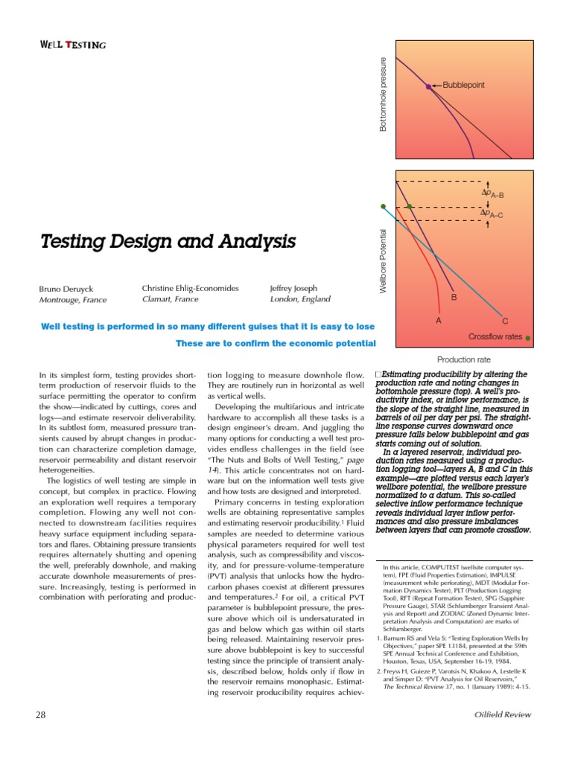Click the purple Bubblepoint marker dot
tap(428, 86)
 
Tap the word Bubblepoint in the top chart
tap(463, 86)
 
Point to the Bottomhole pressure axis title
tap(384, 95)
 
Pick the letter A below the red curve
tap(438, 321)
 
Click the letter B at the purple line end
tap(454, 298)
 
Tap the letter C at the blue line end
tap(504, 321)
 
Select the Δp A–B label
tap(493, 194)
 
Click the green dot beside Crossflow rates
tap(528, 338)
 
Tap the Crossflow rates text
tap(495, 337)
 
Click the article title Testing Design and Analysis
tap(168, 242)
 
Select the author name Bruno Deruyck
tap(66, 289)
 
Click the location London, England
tap(300, 299)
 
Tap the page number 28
tap(41, 715)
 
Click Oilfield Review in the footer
tap(503, 715)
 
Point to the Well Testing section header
tap(72, 45)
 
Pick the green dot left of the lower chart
tap(384, 206)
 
